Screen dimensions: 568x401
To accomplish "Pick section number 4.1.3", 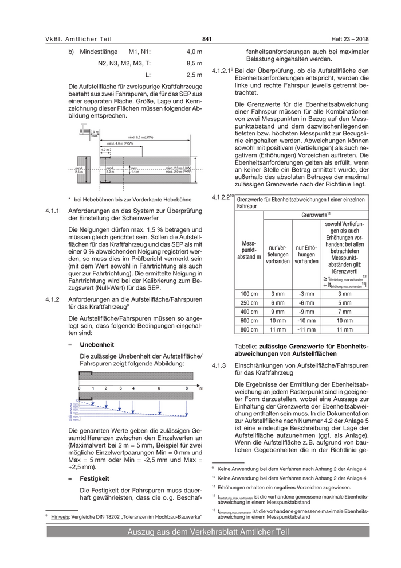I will [220, 365].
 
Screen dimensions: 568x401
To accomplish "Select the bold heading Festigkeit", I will [95, 478].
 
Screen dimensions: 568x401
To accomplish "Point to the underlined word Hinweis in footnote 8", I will [62, 517].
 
